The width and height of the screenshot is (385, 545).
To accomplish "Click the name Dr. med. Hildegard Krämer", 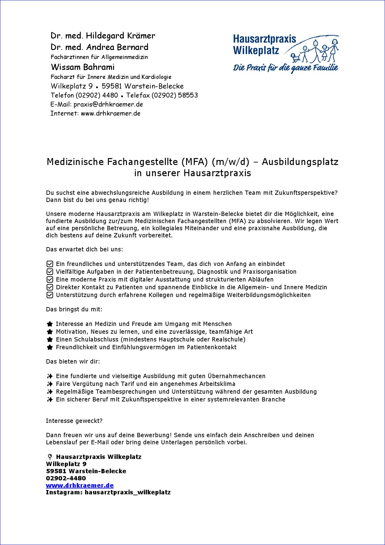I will pos(103,36).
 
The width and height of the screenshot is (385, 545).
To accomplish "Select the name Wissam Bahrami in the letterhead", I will pos(83,67).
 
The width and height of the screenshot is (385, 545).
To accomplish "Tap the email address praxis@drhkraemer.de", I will pos(108,104).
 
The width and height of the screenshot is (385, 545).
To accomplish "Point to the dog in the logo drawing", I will pos(295,57).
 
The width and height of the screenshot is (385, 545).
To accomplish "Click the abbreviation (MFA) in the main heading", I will pos(195,162).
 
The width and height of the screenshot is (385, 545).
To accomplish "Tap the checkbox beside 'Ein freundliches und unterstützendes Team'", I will pos(50,264).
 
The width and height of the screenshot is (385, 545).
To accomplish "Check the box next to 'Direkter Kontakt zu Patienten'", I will pos(50,287).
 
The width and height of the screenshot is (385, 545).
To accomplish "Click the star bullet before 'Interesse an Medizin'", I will pos(50,324).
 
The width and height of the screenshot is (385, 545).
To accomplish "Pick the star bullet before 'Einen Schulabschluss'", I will pos(50,340).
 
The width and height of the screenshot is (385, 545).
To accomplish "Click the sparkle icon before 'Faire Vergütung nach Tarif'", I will pos(50,384).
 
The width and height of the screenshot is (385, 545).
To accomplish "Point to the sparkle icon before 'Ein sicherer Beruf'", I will pos(50,400).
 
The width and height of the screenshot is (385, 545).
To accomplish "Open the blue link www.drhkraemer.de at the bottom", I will pos(80,485).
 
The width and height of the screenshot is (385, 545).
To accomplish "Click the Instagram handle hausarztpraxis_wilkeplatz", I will pos(128,492).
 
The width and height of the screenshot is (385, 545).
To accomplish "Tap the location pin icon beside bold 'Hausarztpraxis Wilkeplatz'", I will pos(50,457).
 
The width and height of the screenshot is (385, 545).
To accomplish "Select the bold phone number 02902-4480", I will pos(66,478).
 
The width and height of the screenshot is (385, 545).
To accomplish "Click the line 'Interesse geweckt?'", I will pos(74,421).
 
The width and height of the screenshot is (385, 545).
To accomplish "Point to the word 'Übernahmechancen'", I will pos(237,376).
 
